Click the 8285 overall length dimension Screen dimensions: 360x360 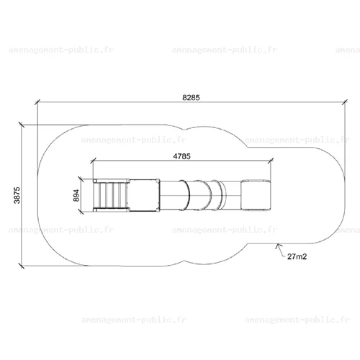191,97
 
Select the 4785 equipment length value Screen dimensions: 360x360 181,156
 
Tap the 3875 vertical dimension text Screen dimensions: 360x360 17,195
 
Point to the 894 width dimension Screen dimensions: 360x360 76,195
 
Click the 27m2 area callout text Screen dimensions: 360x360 297,256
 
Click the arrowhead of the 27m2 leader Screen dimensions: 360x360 278,246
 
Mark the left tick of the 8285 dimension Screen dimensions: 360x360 37,102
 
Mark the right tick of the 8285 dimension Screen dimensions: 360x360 345,102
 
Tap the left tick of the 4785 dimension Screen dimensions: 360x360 93,161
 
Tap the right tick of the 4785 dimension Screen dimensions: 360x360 271,161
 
